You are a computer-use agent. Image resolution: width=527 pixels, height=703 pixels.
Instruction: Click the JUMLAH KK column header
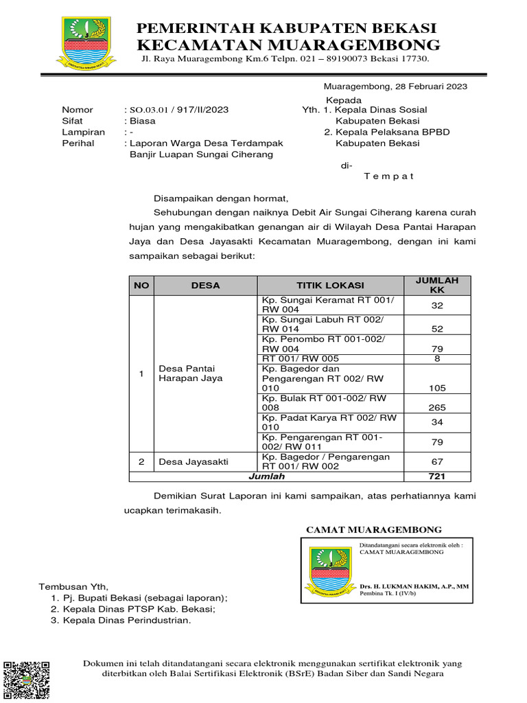pyautogui.click(x=437, y=286)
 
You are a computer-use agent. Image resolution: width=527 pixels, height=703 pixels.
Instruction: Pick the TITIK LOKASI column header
pyautogui.click(x=330, y=286)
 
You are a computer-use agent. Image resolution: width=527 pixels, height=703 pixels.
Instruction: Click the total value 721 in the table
pyautogui.click(x=437, y=476)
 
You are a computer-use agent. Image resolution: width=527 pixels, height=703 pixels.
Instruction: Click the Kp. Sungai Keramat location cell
pyautogui.click(x=330, y=305)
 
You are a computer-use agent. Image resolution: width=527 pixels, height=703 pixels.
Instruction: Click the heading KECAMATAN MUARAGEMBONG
pyautogui.click(x=288, y=45)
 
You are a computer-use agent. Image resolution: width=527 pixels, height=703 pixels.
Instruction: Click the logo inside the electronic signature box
pyautogui.click(x=330, y=571)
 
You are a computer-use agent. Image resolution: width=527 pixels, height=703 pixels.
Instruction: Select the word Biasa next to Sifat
pyautogui.click(x=143, y=121)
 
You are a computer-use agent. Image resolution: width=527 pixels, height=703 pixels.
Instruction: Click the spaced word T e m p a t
pyautogui.click(x=388, y=176)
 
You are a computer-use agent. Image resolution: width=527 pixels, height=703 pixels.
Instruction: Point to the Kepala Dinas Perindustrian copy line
pyautogui.click(x=126, y=621)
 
